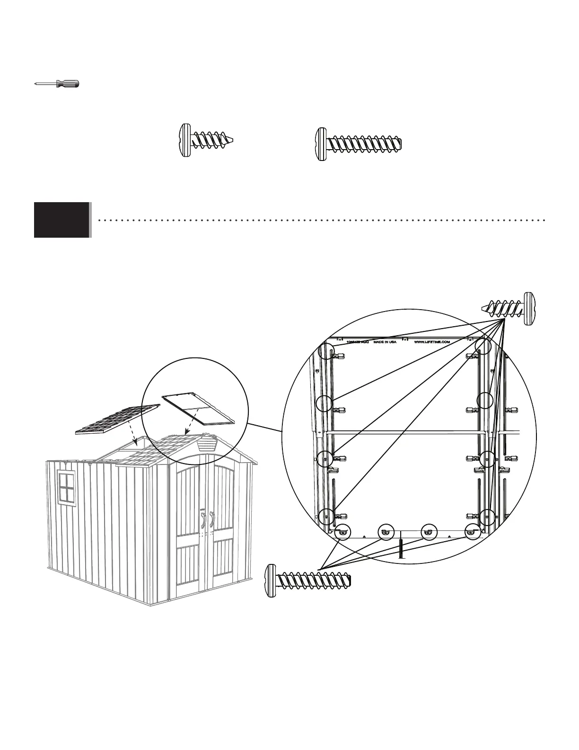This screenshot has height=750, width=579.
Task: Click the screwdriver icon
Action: pos(57,84)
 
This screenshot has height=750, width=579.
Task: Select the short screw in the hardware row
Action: pos(207,140)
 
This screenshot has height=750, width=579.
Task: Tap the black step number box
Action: pos(61,220)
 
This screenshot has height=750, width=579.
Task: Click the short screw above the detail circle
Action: pos(511,308)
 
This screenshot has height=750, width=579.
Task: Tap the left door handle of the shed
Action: pos(203,518)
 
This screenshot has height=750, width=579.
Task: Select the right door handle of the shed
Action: pos(211,518)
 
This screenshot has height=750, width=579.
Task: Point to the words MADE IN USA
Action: pos(385,341)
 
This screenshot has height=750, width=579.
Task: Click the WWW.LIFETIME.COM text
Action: pos(430,341)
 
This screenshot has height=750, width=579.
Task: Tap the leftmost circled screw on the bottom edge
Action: pos(342,533)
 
